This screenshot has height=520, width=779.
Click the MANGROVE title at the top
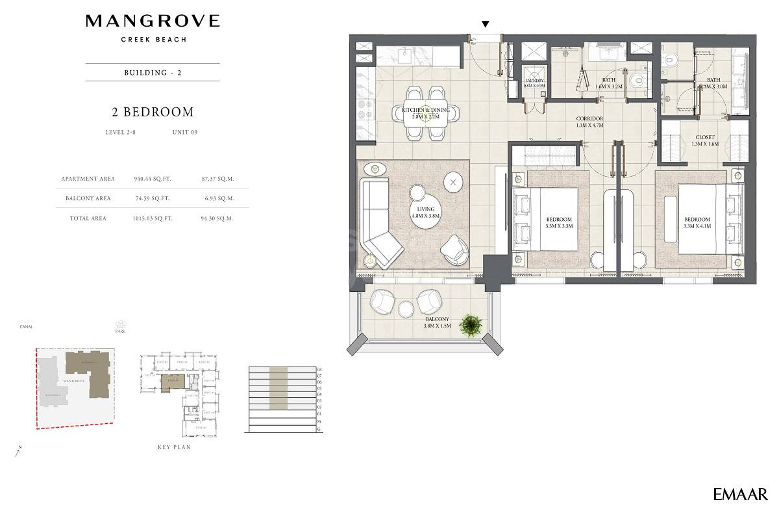pos(153,21)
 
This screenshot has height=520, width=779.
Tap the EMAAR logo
pos(740,494)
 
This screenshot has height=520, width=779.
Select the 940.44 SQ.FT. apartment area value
pos(152,179)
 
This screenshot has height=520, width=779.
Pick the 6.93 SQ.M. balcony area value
pos(217,198)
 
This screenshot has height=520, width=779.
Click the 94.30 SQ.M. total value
pos(217,218)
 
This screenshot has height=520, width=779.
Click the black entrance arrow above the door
pos(485,24)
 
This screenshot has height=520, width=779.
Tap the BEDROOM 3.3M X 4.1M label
pos(697,223)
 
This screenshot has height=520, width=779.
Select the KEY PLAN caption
pos(174,447)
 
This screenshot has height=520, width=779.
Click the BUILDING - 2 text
pos(153,72)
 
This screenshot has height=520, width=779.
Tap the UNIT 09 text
pos(184,132)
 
